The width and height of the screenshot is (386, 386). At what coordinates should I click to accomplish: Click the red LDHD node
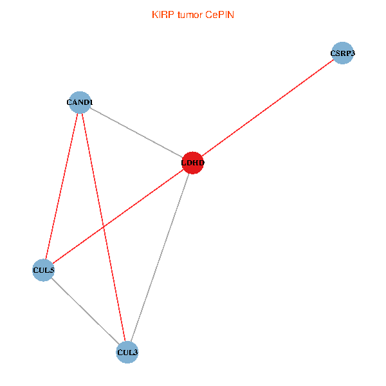[193, 163]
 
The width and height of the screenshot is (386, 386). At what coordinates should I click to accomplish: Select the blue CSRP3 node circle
[343, 53]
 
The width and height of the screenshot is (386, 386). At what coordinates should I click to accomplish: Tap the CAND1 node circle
[80, 102]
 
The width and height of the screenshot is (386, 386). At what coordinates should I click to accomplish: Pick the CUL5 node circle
[43, 270]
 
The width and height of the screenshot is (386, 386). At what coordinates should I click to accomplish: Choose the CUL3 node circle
[127, 352]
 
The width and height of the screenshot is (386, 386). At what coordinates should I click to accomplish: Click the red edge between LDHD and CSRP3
[268, 108]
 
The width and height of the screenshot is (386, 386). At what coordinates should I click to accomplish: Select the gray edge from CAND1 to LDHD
[136, 132]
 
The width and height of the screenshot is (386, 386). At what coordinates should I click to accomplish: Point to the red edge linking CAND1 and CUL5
[61, 186]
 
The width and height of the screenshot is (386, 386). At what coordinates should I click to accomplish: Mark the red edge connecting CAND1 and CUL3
[104, 226]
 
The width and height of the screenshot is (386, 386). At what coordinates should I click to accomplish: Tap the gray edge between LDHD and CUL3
[160, 257]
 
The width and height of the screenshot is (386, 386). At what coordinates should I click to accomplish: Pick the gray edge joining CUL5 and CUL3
[85, 311]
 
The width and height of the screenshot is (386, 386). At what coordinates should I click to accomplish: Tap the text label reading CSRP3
[343, 53]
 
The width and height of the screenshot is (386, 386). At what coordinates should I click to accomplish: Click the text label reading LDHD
[193, 163]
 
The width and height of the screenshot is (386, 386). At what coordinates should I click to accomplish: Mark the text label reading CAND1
[80, 102]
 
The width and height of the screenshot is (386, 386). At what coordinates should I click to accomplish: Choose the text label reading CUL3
[127, 353]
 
